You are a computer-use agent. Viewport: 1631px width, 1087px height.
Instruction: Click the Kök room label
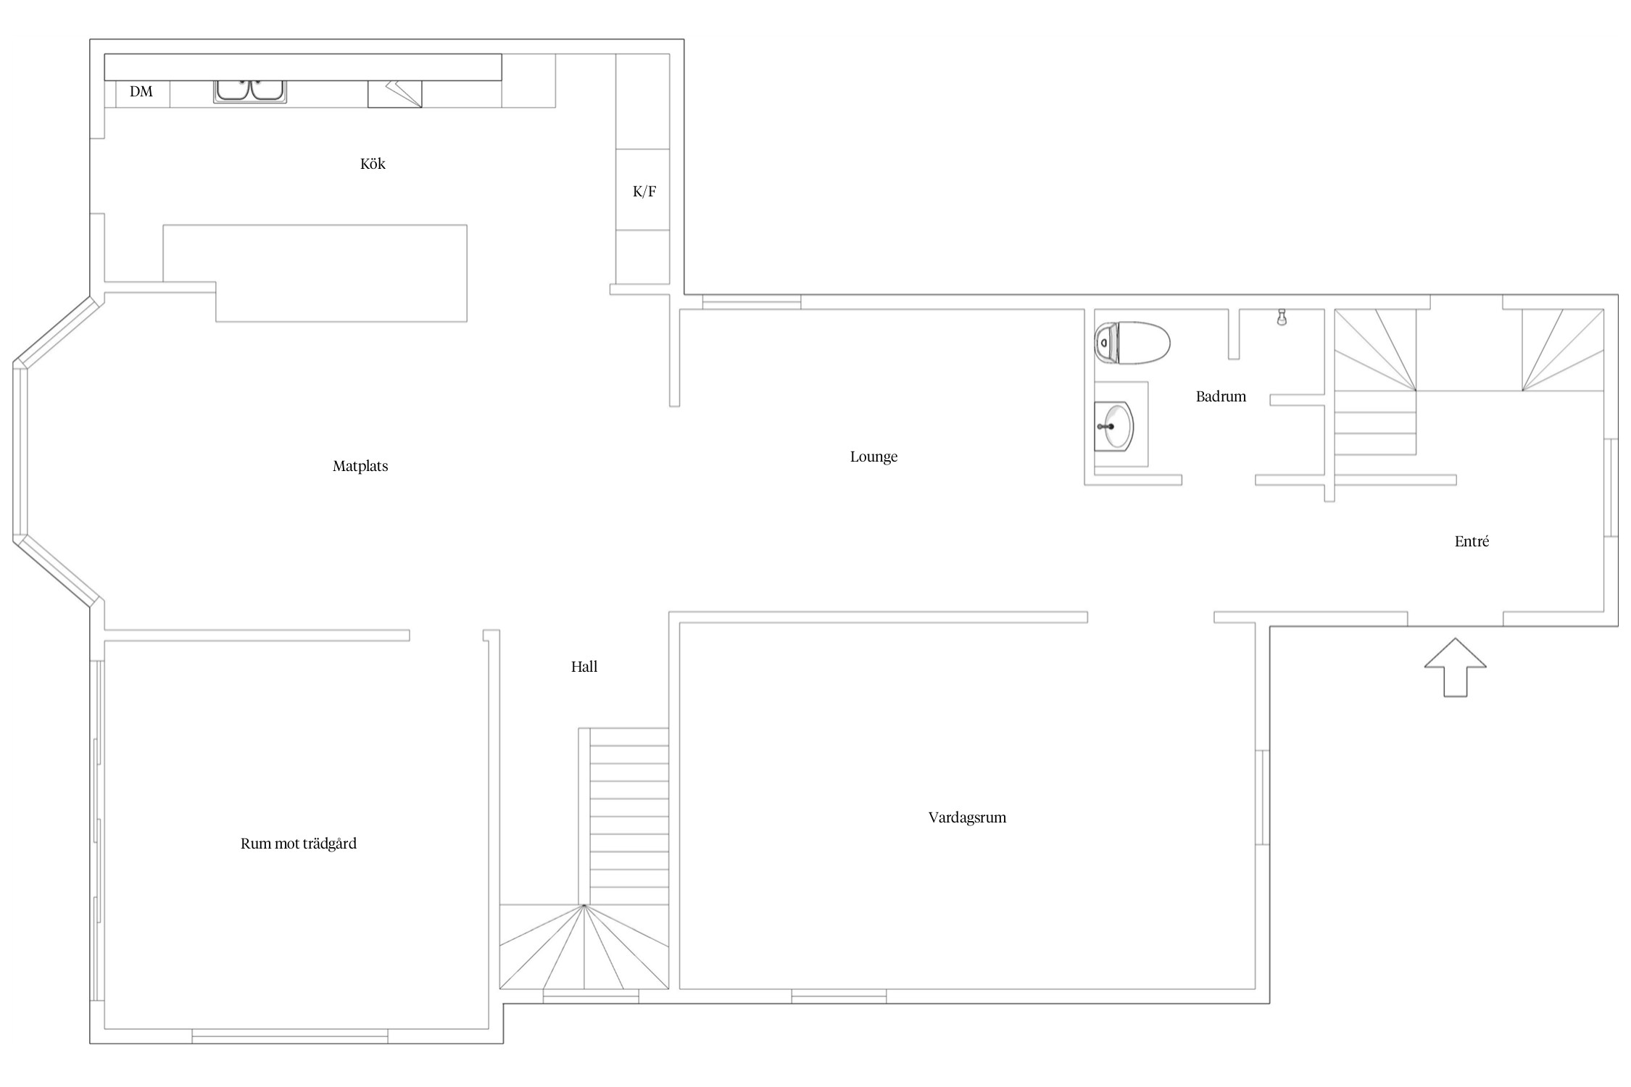tap(373, 164)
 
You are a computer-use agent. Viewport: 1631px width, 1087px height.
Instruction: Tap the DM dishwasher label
tap(141, 91)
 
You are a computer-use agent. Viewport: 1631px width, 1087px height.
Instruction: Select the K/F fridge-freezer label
tap(644, 191)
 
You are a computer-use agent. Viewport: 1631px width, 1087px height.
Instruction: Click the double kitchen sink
tap(250, 91)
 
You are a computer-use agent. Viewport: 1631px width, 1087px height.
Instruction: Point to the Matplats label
tap(360, 466)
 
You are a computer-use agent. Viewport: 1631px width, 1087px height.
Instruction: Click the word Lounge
tap(873, 457)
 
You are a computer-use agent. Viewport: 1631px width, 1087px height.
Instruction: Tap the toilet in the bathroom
tap(1132, 343)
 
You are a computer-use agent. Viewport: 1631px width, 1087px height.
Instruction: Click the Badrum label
tap(1221, 396)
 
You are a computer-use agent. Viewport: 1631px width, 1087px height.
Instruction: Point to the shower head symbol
tap(1282, 317)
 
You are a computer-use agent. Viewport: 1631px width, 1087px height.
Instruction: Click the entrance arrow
tap(1455, 667)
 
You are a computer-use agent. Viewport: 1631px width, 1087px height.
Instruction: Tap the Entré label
tap(1472, 541)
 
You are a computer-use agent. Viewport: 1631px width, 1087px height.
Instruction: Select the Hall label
tap(584, 667)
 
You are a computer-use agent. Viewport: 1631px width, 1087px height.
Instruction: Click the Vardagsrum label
tap(967, 817)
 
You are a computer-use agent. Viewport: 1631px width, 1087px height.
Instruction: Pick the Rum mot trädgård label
tap(299, 844)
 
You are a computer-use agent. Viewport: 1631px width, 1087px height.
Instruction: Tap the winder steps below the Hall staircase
tap(584, 946)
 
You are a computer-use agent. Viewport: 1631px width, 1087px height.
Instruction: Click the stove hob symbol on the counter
tap(394, 94)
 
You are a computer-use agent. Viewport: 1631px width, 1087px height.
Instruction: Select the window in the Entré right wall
tap(1611, 488)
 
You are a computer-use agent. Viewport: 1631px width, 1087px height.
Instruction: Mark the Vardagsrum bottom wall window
tap(839, 996)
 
